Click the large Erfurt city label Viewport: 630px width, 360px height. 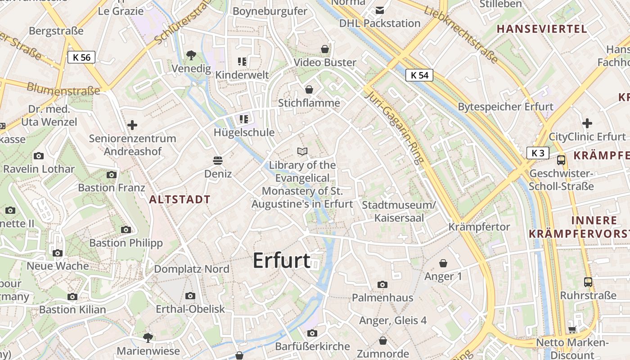282,261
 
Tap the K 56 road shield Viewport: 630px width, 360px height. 81,57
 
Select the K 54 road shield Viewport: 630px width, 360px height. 419,75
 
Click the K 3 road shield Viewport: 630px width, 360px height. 538,153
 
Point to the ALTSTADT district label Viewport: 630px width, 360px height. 180,199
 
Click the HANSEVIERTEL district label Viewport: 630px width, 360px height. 542,29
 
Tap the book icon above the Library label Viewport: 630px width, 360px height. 303,151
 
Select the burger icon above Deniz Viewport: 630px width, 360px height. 218,161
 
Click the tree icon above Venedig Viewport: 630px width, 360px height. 191,55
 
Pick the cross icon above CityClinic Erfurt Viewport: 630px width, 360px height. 587,123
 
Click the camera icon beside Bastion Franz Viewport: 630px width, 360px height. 112,175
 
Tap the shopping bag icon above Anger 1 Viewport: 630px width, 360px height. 443,263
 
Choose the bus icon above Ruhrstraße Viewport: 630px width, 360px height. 588,282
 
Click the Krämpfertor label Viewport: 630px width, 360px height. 479,227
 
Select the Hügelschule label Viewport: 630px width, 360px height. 244,132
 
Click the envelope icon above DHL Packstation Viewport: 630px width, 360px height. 380,10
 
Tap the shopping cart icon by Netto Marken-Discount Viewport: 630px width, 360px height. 572,329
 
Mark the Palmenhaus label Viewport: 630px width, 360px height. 382,297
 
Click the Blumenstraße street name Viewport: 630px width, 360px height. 63,88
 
